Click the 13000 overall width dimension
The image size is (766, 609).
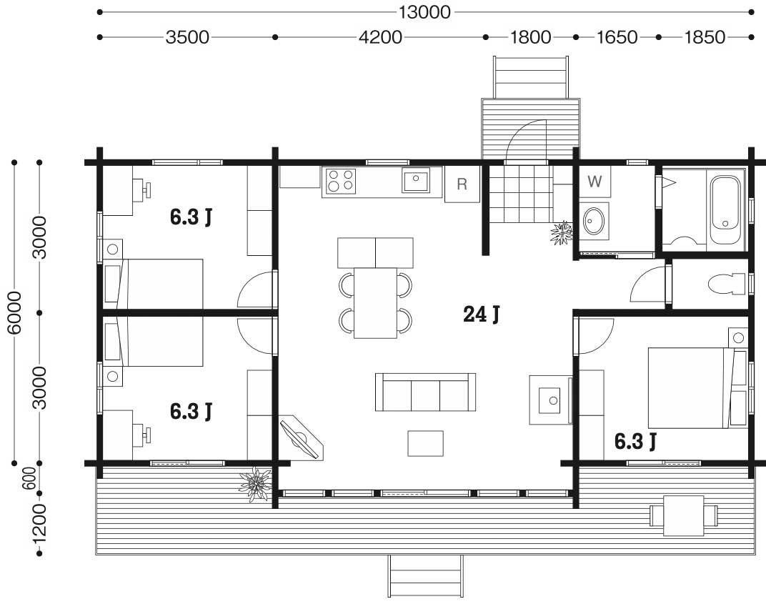click(424, 11)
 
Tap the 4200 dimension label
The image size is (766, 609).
click(380, 37)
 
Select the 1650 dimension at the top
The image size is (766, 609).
click(617, 37)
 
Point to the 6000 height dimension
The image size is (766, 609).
click(15, 313)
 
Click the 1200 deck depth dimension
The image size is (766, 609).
click(39, 523)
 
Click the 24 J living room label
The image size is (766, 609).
click(481, 314)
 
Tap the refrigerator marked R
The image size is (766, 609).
click(462, 184)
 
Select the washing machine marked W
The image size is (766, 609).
click(595, 182)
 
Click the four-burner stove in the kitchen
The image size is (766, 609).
click(341, 180)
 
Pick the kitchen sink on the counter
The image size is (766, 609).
click(416, 179)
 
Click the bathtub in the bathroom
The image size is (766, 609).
click(725, 209)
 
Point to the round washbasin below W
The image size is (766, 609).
click(594, 221)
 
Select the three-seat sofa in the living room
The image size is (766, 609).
click(425, 392)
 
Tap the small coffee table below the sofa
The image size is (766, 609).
click(425, 443)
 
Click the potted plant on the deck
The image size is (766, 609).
click(255, 483)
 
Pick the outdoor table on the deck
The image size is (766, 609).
click(683, 515)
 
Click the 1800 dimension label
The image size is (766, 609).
click(530, 37)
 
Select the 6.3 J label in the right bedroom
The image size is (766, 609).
click(635, 441)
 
